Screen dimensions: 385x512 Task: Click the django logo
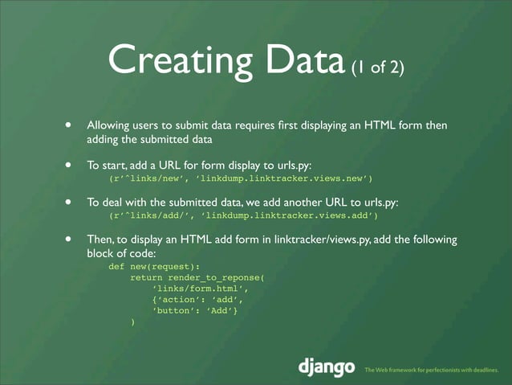(326, 367)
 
